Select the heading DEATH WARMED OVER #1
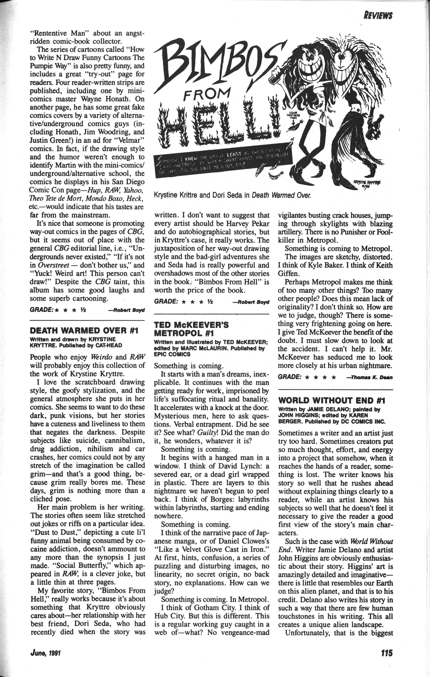coord(84,330)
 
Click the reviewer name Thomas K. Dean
coord(370,378)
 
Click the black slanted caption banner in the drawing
coord(222,163)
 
